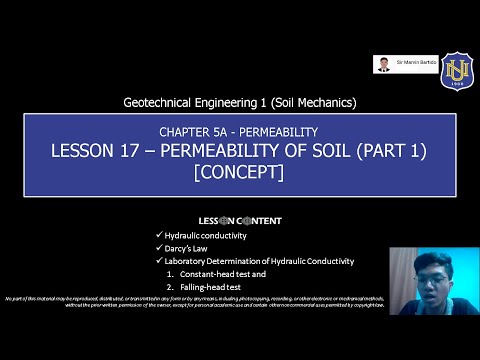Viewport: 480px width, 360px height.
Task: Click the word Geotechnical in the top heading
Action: [x=161, y=102]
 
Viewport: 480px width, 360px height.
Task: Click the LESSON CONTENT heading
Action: [x=239, y=220]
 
